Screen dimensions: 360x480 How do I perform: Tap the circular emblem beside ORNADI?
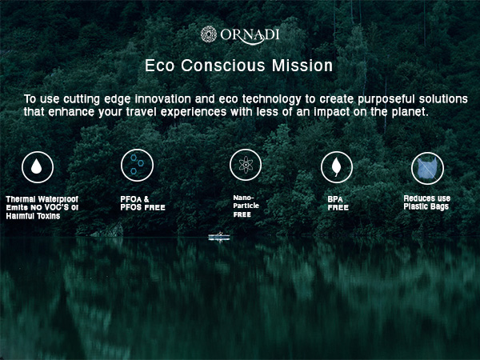point(209,34)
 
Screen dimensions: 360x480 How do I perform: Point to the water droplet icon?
point(38,166)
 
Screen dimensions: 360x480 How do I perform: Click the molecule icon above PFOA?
point(137,166)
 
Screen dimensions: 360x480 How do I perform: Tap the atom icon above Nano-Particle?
point(246,165)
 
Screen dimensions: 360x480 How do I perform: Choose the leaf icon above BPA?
point(337,166)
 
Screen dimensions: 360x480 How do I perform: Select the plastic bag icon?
point(427,168)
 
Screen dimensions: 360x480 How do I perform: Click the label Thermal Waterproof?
point(42,198)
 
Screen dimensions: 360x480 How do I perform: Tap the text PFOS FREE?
point(143,208)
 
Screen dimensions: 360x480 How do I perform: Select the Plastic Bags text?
point(426,206)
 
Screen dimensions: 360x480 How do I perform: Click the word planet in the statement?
point(410,112)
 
